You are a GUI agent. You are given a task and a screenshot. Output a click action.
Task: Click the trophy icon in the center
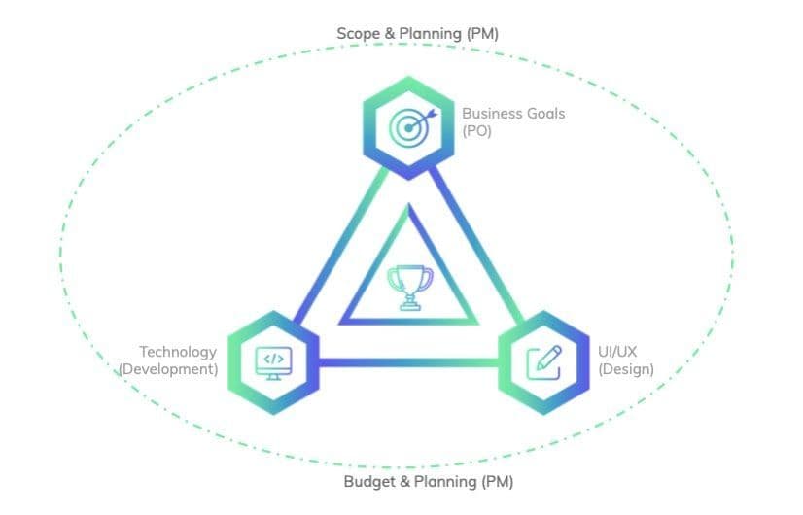click(x=409, y=288)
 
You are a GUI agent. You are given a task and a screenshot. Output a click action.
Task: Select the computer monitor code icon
click(x=273, y=363)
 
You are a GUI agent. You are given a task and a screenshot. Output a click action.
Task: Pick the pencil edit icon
click(x=544, y=362)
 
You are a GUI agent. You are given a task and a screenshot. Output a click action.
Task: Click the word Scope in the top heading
click(x=359, y=34)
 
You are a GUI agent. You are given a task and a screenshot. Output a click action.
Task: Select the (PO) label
click(x=476, y=131)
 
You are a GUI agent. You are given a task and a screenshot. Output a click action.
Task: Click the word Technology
click(x=178, y=352)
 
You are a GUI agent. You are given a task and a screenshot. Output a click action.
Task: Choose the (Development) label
click(x=168, y=369)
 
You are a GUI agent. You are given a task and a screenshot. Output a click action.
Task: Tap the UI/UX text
click(x=617, y=352)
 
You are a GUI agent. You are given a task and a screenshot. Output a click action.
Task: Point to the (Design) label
click(x=626, y=369)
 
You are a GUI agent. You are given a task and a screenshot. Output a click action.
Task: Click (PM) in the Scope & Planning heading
click(x=482, y=34)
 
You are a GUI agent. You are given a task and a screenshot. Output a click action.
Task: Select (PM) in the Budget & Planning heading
click(x=497, y=482)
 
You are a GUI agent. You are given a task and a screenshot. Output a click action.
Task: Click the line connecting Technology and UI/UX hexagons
click(x=408, y=363)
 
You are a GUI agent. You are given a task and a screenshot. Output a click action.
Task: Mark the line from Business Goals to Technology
click(x=340, y=246)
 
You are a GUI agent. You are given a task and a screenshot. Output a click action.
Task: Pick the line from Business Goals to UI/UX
click(x=476, y=245)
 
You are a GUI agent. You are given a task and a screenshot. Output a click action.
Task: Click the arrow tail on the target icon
click(x=432, y=113)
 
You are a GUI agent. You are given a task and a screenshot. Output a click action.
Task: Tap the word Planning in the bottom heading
click(x=445, y=482)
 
